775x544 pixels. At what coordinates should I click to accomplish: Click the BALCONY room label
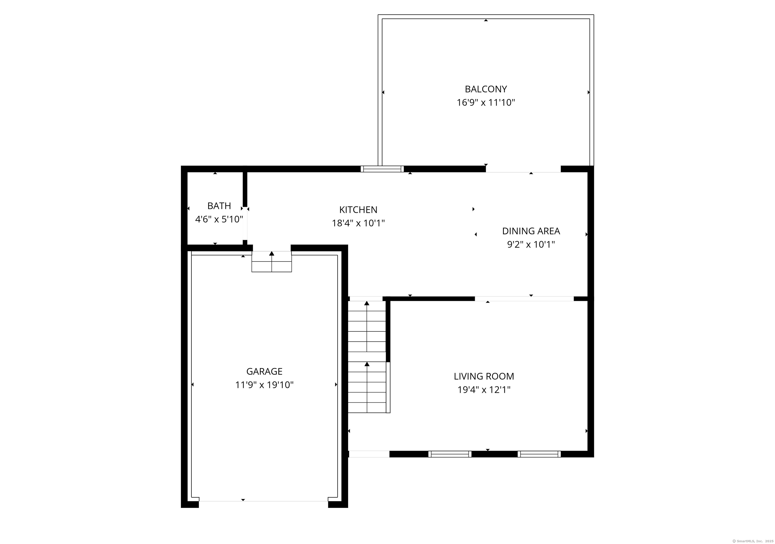tap(485, 89)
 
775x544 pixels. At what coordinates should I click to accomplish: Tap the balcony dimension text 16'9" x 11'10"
tap(485, 103)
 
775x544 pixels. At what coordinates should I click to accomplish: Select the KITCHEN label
tap(358, 210)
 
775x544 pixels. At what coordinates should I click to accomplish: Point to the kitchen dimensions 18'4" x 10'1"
tap(358, 223)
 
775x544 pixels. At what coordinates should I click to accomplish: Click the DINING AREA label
tap(531, 231)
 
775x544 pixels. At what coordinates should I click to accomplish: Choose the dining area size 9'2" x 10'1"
tap(531, 244)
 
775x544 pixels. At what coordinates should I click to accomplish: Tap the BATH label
tap(219, 206)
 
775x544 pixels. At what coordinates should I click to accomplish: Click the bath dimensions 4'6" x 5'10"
tap(219, 219)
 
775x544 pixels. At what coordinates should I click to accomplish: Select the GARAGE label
tap(264, 371)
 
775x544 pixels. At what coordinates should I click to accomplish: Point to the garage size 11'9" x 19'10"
tap(264, 385)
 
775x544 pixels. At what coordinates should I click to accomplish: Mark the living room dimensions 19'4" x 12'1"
tap(484, 390)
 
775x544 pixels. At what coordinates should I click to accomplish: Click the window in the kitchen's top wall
tap(382, 169)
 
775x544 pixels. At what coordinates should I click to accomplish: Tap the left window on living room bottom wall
tap(450, 454)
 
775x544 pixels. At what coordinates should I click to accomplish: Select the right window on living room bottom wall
tap(539, 454)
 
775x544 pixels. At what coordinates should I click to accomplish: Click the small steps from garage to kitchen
tap(272, 262)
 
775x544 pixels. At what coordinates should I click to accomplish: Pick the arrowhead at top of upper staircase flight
tap(367, 303)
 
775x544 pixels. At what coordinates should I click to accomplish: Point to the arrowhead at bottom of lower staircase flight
tap(367, 364)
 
